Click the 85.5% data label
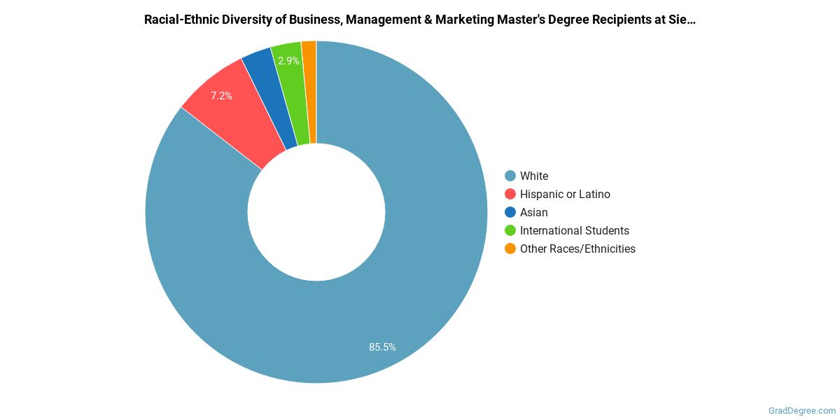[382, 346]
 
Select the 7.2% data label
[221, 96]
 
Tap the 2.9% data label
[288, 61]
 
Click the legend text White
[534, 176]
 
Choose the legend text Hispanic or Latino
[565, 194]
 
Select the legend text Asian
[534, 212]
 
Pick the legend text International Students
[574, 230]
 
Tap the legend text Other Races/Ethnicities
[577, 248]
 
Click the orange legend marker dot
[510, 248]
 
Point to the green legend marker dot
[510, 230]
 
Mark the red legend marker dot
[510, 194]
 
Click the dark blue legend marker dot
[510, 212]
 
